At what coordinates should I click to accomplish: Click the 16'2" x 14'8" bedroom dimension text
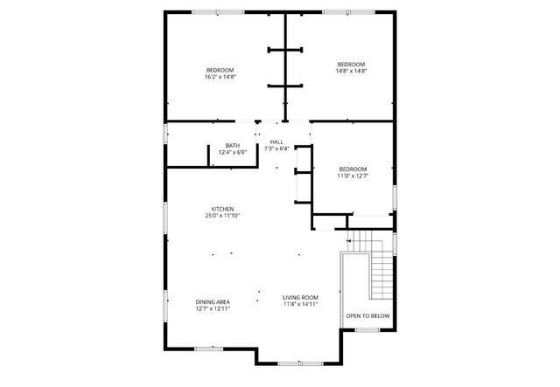pos(220,77)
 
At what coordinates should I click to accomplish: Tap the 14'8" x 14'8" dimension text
pos(352,71)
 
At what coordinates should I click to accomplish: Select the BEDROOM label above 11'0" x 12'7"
pos(353,169)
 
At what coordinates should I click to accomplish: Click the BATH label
pos(233,146)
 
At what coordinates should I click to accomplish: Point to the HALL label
pos(276,142)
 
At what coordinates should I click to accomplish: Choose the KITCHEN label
pos(222,209)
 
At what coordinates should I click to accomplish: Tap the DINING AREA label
pos(213,301)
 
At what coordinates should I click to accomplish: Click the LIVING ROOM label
pos(300,298)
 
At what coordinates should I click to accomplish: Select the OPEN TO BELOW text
pos(367,316)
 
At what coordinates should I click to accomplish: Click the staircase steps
pos(381,271)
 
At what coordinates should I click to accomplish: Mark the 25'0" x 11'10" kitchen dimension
pos(222,216)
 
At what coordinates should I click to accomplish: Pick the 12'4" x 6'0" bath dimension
pos(233,153)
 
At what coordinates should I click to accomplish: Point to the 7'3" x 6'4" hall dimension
pos(276,149)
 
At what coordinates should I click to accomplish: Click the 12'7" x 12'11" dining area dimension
pos(213,308)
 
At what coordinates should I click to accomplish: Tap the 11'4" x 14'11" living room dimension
pos(300,305)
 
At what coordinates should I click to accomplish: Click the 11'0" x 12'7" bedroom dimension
pos(353,176)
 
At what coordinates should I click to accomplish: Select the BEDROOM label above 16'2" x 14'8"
pos(220,70)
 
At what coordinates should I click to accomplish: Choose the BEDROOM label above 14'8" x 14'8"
pos(352,64)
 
